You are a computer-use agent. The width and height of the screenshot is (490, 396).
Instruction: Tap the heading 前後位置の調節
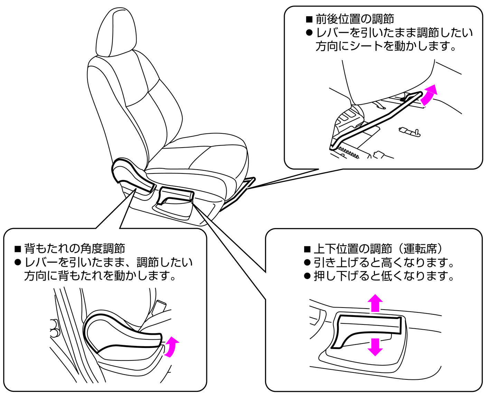coord(354,19)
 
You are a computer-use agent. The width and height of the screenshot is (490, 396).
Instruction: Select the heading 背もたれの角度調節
coord(74,248)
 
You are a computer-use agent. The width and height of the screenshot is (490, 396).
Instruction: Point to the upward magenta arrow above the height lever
coord(375,303)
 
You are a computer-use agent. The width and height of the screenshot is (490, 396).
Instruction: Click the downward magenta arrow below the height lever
coord(375,347)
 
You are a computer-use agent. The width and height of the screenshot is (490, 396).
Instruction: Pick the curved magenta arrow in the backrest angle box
coord(171,347)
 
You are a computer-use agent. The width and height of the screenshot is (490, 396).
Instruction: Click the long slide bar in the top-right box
coord(373,121)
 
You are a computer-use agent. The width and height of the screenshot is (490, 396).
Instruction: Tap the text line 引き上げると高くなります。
coord(384,263)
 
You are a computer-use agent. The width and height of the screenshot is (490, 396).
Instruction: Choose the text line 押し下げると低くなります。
coord(384,276)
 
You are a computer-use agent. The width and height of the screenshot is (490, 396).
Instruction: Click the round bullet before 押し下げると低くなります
coord(307,276)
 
